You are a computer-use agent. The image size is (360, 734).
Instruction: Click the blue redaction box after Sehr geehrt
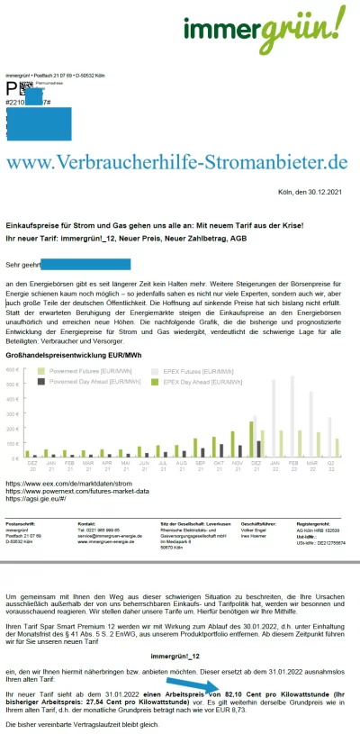tap(86, 265)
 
